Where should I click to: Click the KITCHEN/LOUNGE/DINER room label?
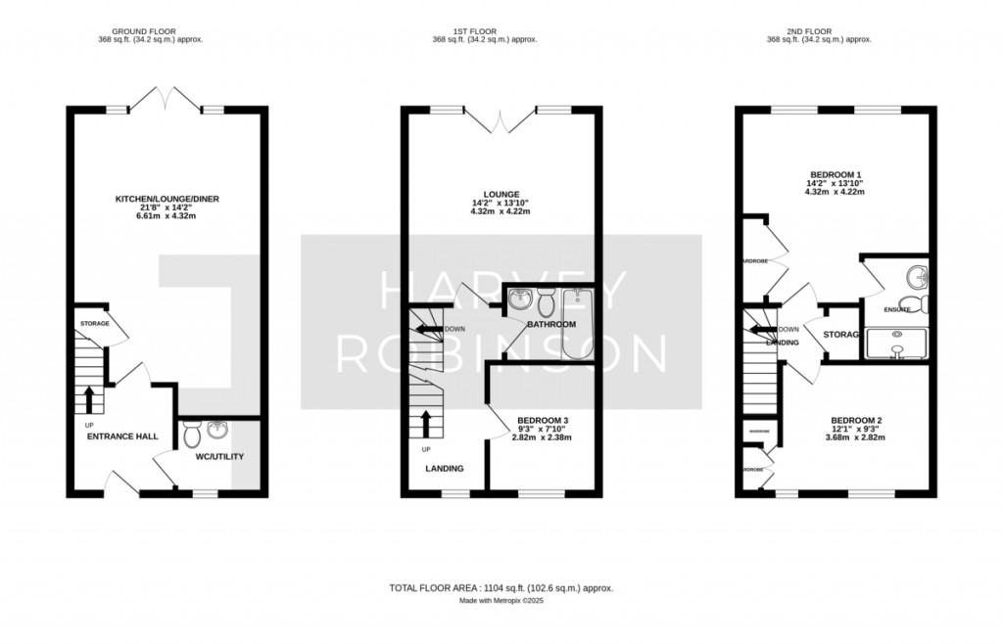click(x=167, y=199)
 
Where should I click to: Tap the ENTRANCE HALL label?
click(x=122, y=436)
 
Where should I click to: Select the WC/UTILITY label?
click(x=219, y=456)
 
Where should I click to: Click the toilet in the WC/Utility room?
click(x=193, y=431)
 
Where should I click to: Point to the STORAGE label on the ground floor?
click(x=94, y=323)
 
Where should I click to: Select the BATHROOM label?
click(x=550, y=324)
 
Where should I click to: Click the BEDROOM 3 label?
click(x=543, y=420)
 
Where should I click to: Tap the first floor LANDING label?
click(x=444, y=468)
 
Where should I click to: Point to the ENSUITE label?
click(x=897, y=309)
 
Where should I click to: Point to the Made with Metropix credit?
click(x=501, y=601)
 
